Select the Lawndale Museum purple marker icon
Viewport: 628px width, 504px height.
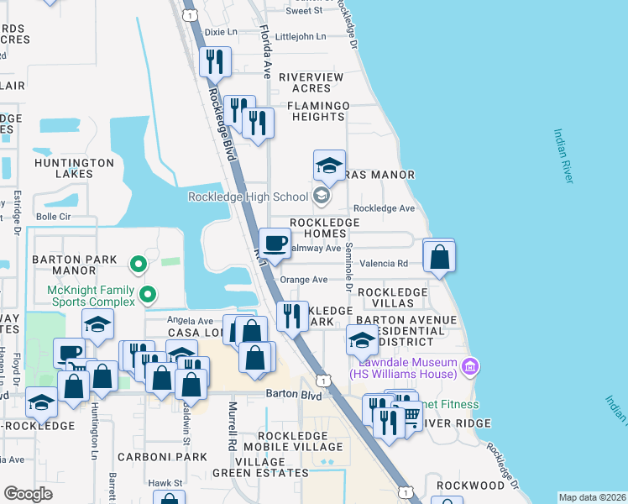tap(469, 366)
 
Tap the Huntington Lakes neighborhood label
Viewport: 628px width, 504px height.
tap(74, 168)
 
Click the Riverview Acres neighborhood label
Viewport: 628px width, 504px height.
tap(311, 83)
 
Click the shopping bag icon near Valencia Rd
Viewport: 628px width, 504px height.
tap(439, 256)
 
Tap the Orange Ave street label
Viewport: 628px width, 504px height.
tap(303, 280)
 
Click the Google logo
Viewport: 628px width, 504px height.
tap(28, 494)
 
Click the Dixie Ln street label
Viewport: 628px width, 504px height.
tap(222, 32)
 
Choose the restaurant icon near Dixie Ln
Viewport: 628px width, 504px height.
tap(214, 62)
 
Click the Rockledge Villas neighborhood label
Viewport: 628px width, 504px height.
tap(392, 297)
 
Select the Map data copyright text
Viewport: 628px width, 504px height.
tap(591, 497)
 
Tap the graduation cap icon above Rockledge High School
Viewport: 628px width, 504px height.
tap(329, 165)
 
